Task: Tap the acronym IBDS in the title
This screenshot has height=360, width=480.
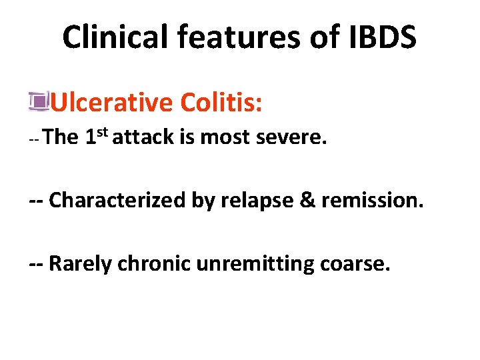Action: [379, 37]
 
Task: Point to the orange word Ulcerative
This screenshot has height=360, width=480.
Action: [111, 103]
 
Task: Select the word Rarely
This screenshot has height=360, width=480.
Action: [81, 263]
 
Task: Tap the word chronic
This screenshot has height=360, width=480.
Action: [155, 263]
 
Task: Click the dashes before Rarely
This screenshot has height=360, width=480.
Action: [37, 263]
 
